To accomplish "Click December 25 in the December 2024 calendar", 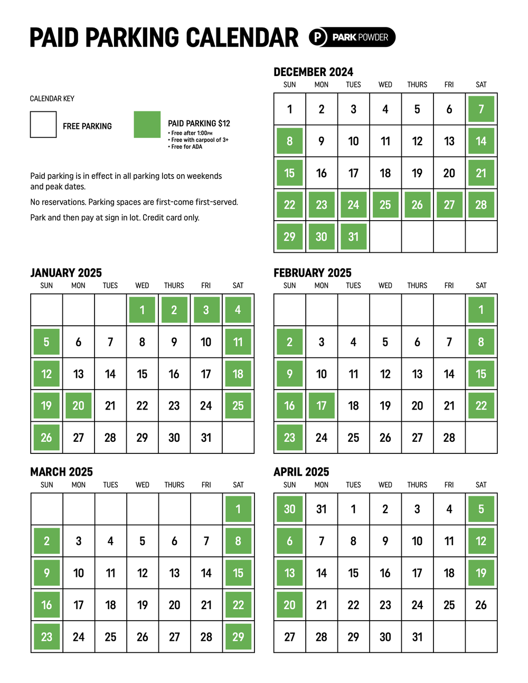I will coord(385,205).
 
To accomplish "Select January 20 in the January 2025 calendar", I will coord(78,405).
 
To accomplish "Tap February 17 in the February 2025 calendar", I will coord(322,405).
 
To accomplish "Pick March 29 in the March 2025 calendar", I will coord(238,637).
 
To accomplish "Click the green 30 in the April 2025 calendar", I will coord(289,509).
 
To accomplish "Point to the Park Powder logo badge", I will coord(352,37).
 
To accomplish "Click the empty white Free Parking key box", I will coord(43,125).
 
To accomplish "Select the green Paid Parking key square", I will coord(147,125).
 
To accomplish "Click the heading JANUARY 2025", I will coord(66,273).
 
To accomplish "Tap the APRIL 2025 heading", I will coord(301,472).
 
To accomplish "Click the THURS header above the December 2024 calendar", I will coord(417,84).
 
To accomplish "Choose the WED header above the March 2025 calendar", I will coord(143,485).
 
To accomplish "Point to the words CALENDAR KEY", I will coord(52,99).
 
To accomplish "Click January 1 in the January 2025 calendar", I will coord(142,310).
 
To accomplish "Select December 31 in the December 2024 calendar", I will coord(353,236).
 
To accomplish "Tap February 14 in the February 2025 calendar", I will coord(449,374).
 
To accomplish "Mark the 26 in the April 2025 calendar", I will coord(481,605).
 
